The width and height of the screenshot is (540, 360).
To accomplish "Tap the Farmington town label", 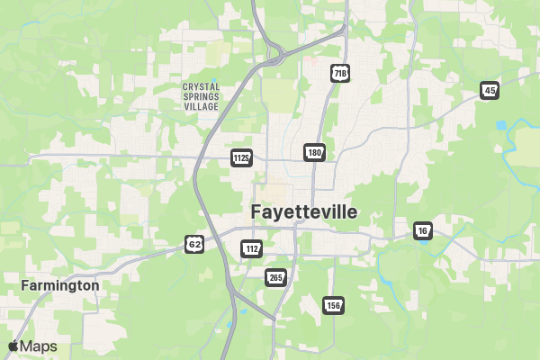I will coord(60,285).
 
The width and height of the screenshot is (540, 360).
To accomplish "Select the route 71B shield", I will coord(339,72).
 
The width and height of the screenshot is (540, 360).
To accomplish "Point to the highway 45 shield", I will coord(490,90).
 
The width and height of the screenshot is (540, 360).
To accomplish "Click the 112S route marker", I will coord(241,157).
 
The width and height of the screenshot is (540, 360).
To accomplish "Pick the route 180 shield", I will coord(313,152).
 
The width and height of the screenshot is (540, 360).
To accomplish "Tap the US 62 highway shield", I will coord(194,243).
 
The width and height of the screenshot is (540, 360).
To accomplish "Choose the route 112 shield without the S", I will coord(252,247).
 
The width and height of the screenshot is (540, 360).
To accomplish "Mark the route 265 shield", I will coord(275,276).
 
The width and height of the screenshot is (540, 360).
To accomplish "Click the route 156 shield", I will coord(333,306).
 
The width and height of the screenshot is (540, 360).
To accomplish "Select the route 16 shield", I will coord(423,231).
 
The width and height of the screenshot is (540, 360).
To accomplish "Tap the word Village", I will coord(201,106).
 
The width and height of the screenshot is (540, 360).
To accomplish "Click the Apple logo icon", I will coord(13,346).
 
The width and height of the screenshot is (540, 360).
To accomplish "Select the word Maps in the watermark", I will coord(39,346).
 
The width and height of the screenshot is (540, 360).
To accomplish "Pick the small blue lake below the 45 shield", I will coord(500,124).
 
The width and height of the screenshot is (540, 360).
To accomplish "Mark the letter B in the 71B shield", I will coord(344,72).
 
